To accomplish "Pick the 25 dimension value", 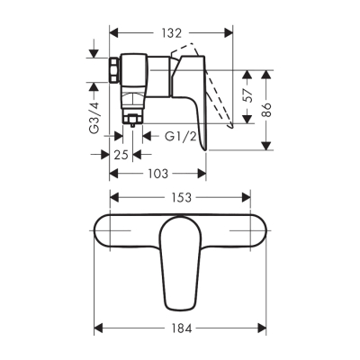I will [120, 154].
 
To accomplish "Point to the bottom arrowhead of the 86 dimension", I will [267, 146].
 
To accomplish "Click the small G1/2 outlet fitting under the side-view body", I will [131, 117].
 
